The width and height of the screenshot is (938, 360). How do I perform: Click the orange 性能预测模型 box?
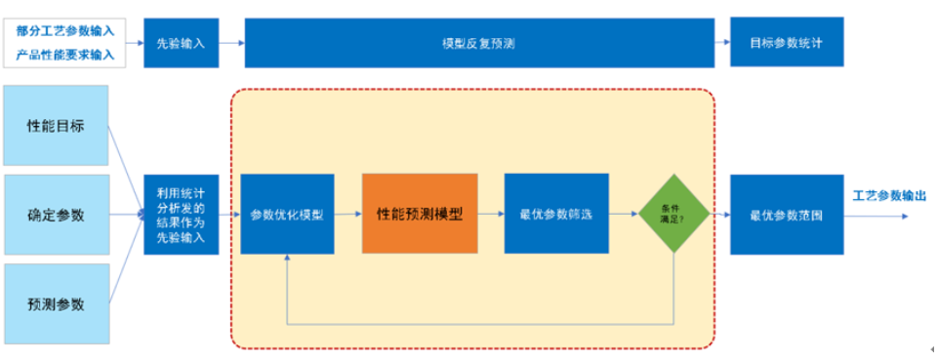(x=420, y=214)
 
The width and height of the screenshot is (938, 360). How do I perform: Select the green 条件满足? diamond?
(x=673, y=214)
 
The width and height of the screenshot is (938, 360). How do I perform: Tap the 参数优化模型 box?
(x=287, y=214)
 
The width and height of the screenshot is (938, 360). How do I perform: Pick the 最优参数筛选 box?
(x=556, y=214)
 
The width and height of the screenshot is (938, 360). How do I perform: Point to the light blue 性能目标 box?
(x=56, y=125)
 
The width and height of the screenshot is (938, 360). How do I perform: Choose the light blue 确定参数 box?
(x=56, y=214)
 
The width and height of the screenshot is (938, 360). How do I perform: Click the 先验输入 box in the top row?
(x=181, y=43)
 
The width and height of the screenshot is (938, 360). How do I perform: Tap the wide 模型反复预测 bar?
(x=478, y=43)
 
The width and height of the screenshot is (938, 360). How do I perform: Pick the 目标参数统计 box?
(x=785, y=43)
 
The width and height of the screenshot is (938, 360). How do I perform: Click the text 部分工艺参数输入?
(x=64, y=30)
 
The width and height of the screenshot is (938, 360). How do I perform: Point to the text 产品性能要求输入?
(x=64, y=55)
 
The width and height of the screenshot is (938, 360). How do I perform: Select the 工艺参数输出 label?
(x=888, y=195)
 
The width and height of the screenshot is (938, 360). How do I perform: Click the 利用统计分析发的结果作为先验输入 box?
(x=181, y=214)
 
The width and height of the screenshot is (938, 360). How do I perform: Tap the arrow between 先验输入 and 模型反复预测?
(x=231, y=43)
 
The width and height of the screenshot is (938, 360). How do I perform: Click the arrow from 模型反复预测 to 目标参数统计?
(x=721, y=43)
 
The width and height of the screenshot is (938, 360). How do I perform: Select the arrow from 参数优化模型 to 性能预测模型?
(x=348, y=214)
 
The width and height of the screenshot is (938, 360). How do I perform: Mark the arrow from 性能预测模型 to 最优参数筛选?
(x=491, y=214)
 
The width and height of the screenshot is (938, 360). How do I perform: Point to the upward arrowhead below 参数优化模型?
(x=287, y=260)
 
